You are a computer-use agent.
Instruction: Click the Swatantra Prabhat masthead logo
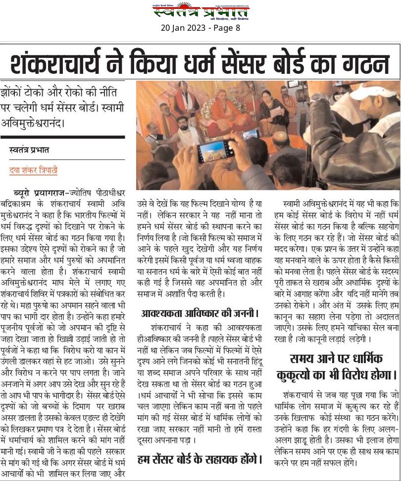(x=200, y=11)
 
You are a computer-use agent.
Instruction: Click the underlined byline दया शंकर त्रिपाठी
(x=33, y=170)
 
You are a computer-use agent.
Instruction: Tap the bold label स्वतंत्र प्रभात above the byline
(x=29, y=150)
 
